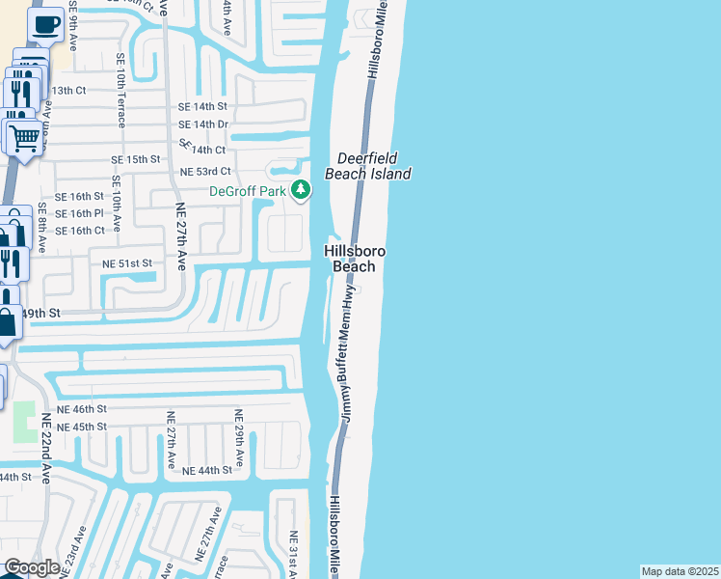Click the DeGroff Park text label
click(249, 190)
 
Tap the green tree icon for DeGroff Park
click(301, 191)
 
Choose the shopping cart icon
click(24, 136)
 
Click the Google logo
click(31, 567)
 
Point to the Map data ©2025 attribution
click(681, 571)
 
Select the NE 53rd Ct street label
click(205, 172)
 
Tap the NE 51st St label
click(120, 262)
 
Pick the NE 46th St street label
click(81, 410)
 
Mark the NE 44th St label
click(207, 470)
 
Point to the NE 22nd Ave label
click(45, 449)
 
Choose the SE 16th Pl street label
click(79, 213)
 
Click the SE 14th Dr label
click(202, 124)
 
